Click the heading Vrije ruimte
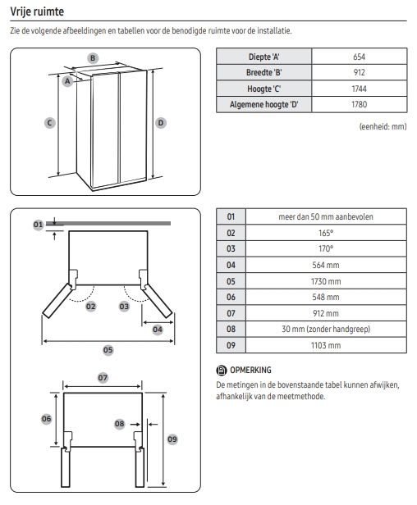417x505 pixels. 37,11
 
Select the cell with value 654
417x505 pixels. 360,57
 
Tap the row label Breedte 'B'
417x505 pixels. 263,72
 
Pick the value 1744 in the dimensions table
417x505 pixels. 360,89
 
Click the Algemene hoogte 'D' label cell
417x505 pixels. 263,104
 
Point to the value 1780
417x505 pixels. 360,104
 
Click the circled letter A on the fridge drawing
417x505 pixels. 67,81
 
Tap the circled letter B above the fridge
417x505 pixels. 93,58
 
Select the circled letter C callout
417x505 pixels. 50,123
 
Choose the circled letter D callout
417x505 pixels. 161,123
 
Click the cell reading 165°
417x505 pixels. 326,233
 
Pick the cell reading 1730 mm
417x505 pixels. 326,281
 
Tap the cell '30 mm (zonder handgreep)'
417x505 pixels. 326,330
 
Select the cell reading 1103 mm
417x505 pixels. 326,345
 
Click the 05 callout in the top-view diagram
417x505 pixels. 108,350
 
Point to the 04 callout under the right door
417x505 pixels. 158,330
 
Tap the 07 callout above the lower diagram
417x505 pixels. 103,378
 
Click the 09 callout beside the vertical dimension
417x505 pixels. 172,439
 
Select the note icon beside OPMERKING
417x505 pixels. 222,371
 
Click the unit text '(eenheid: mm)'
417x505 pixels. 383,126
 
